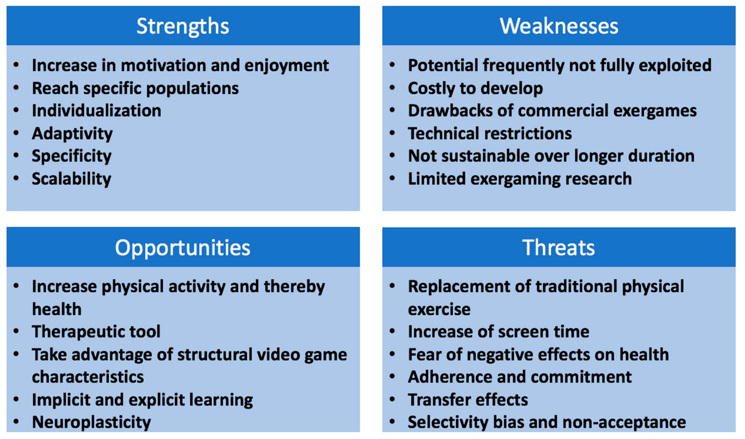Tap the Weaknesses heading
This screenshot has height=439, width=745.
(559, 26)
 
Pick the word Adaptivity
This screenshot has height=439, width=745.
(72, 134)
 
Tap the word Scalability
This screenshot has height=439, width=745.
(72, 179)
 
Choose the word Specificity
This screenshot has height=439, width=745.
(72, 156)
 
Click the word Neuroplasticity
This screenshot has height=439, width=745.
(91, 422)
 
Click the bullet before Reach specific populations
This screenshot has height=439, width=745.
(16, 88)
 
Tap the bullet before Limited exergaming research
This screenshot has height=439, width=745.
(392, 178)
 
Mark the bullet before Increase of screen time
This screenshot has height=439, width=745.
(392, 331)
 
